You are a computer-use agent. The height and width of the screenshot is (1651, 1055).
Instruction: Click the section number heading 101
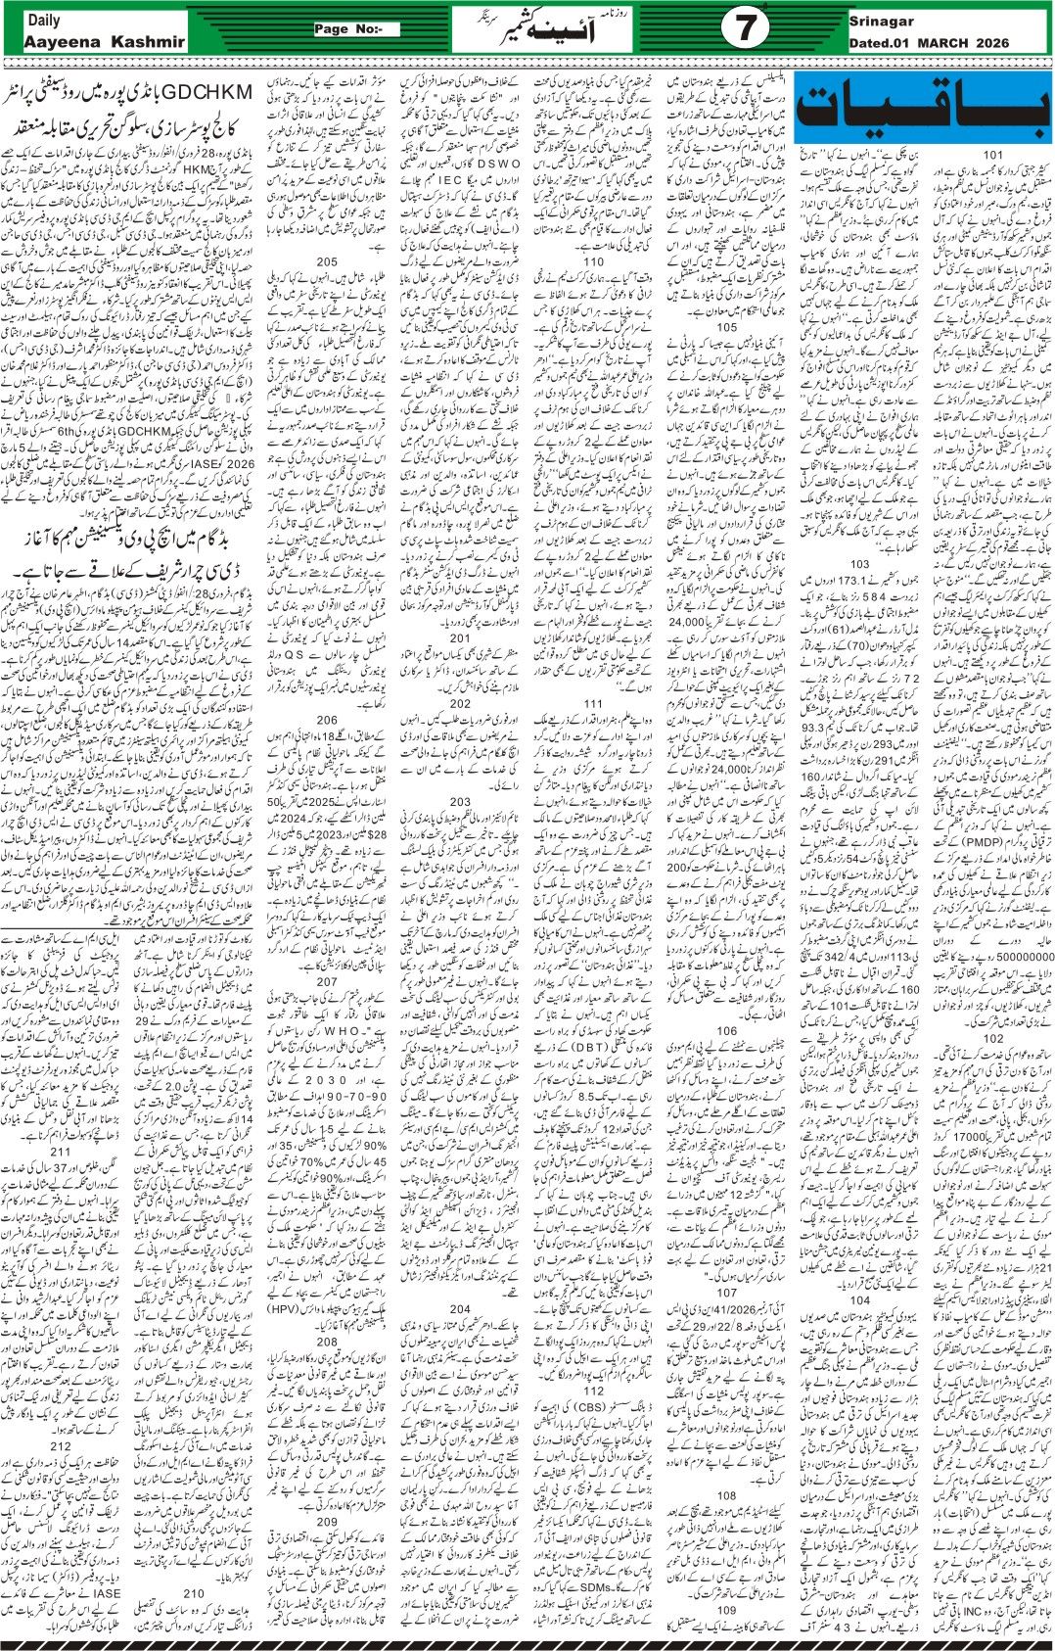pos(992,155)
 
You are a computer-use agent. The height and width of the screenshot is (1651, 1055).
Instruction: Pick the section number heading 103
pos(859,565)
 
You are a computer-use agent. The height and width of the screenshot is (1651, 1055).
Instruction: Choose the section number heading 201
pos(460,638)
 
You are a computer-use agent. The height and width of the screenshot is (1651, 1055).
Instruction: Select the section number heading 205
pos(327,262)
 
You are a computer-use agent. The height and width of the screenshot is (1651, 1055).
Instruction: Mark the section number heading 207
pos(327,981)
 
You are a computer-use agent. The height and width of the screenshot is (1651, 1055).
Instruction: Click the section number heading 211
pos(61,1152)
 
